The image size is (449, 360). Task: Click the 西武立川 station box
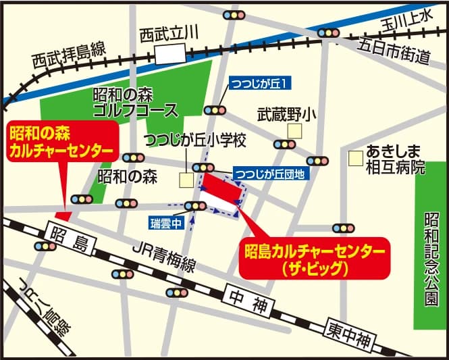(x=169, y=53)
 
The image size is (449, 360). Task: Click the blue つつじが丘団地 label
(x=269, y=174)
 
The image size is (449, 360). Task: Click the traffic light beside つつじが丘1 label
(x=216, y=109)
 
